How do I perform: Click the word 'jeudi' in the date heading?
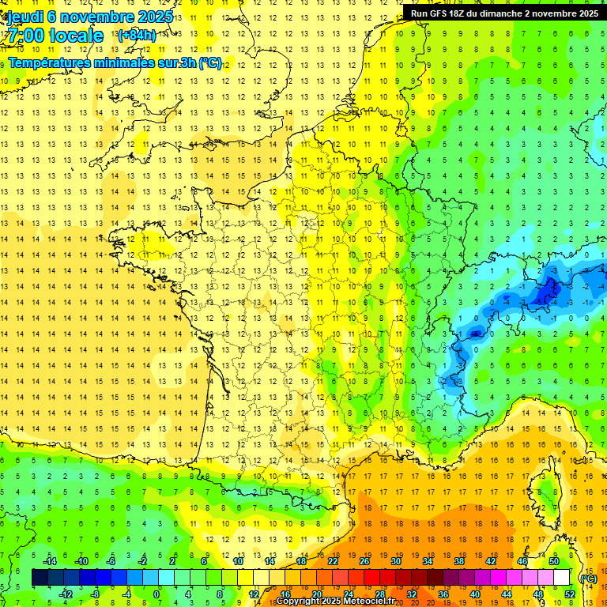click(26, 17)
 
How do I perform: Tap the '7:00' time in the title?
click(25, 36)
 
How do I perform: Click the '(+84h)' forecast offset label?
click(136, 35)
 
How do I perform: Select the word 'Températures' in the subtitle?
click(50, 63)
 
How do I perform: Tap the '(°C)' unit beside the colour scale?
click(587, 579)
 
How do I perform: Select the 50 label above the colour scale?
click(553, 561)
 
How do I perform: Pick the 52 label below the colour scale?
click(569, 594)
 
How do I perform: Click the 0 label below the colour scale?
click(156, 594)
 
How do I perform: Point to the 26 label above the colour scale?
click(364, 561)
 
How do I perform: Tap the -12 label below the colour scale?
click(66, 594)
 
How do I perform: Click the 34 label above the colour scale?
click(428, 561)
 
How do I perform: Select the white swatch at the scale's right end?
click(561, 578)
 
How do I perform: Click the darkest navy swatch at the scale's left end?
click(40, 578)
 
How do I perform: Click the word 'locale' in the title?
click(75, 36)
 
